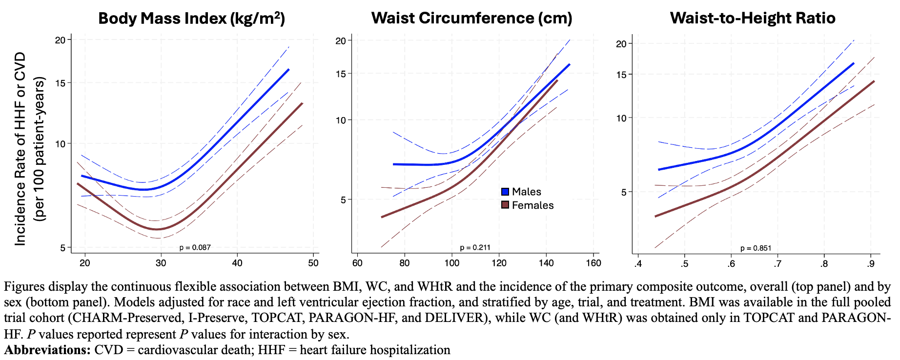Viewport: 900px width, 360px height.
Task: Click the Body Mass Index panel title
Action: [x=191, y=19]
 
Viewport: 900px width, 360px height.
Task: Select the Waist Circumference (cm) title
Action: [x=471, y=18]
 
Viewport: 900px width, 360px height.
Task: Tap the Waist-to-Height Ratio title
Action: [x=752, y=18]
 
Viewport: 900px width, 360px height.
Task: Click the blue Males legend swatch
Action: [x=505, y=192]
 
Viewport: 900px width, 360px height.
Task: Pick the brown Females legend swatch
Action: [x=505, y=205]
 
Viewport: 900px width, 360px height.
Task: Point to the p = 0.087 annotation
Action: [x=195, y=247]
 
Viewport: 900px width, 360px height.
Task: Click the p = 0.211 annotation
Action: [x=475, y=247]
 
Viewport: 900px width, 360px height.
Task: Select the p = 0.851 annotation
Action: [x=756, y=248]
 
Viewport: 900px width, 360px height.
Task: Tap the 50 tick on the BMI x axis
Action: [x=313, y=263]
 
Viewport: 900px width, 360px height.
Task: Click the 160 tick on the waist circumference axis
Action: [x=593, y=263]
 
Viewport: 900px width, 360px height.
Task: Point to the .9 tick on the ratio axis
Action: [x=870, y=264]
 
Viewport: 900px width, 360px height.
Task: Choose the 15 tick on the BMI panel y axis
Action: [x=60, y=83]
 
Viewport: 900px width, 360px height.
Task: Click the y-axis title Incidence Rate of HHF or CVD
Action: [x=20, y=149]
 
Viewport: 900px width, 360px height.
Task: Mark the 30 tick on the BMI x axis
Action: [x=161, y=263]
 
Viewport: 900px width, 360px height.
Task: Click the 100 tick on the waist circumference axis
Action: [x=451, y=263]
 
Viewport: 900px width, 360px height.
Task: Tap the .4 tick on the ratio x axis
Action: [x=637, y=264]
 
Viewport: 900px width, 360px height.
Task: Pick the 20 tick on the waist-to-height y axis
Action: [x=621, y=44]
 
